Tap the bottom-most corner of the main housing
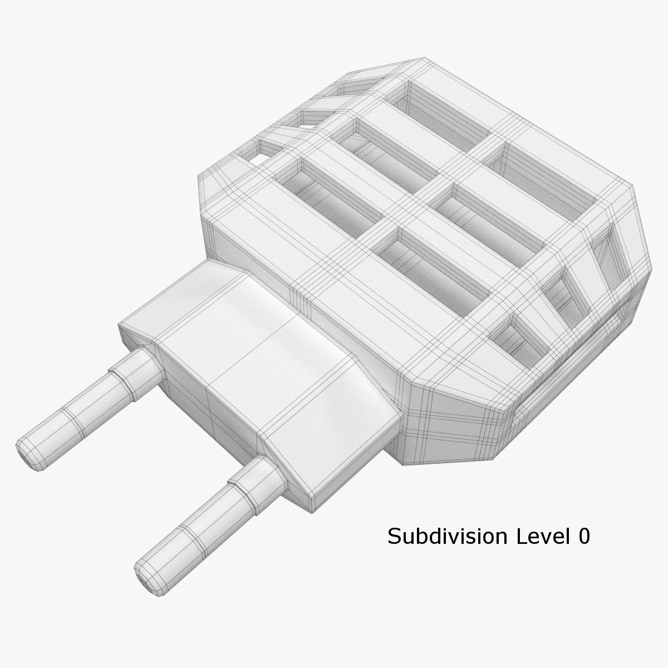pos(404,462)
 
